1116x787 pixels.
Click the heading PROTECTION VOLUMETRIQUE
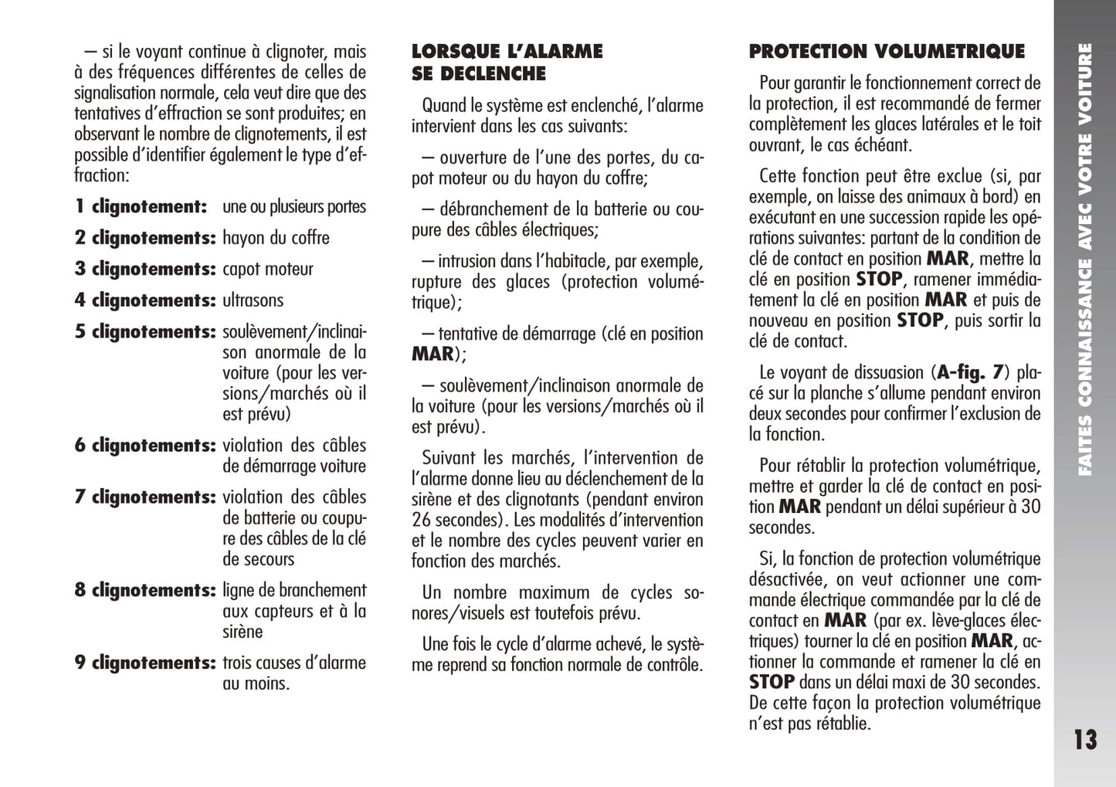pos(887,52)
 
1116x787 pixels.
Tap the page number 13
pos(1084,740)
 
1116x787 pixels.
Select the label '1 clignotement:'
pos(141,207)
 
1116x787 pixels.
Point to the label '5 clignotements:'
pos(144,332)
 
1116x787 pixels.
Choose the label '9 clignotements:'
pos(144,663)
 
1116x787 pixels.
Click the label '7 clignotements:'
pos(144,497)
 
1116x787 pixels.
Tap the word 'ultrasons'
pos(253,300)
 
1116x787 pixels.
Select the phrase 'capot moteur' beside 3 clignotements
pos(267,270)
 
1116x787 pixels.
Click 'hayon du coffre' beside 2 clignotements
pos(276,238)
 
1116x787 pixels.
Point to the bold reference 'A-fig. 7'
pos(969,373)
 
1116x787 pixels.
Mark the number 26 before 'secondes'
pos(421,520)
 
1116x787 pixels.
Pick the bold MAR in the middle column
pos(432,354)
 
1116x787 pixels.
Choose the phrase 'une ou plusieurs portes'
pos(294,207)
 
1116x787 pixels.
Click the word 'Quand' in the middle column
pos(444,106)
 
